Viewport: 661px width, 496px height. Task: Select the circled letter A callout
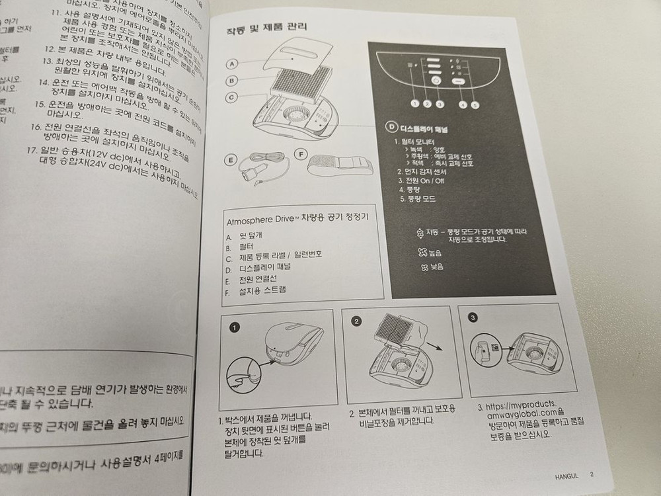232,64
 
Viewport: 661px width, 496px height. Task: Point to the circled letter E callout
231,159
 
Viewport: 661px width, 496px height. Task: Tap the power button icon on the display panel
436,80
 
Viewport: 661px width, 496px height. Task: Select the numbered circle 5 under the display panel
475,104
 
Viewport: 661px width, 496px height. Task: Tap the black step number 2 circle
357,322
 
